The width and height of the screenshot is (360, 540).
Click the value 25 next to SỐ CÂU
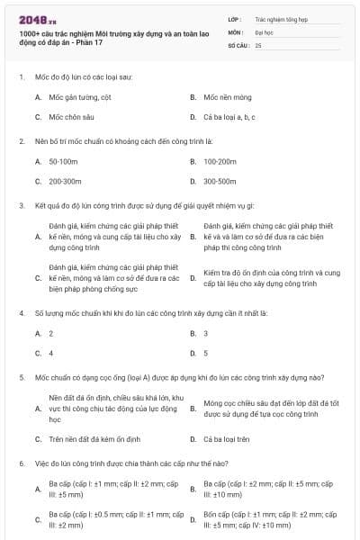click(x=258, y=44)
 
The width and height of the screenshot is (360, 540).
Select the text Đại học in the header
click(x=265, y=31)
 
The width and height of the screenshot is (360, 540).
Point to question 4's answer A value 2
click(x=51, y=333)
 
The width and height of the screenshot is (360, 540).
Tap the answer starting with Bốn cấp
click(x=270, y=518)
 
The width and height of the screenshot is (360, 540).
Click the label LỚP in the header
click(x=234, y=17)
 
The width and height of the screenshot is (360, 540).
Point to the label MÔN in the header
click(x=236, y=31)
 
